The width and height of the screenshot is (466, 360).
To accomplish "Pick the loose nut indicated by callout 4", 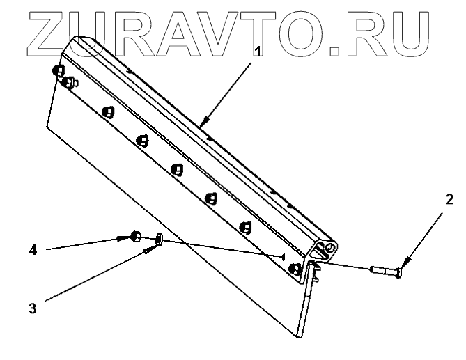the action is pyautogui.click(x=137, y=237).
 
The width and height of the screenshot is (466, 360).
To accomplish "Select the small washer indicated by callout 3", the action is pyautogui.click(x=160, y=240).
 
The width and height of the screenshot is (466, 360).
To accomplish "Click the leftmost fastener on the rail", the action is pyautogui.click(x=58, y=71).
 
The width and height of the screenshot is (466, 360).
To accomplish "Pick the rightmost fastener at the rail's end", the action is pyautogui.click(x=295, y=268).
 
